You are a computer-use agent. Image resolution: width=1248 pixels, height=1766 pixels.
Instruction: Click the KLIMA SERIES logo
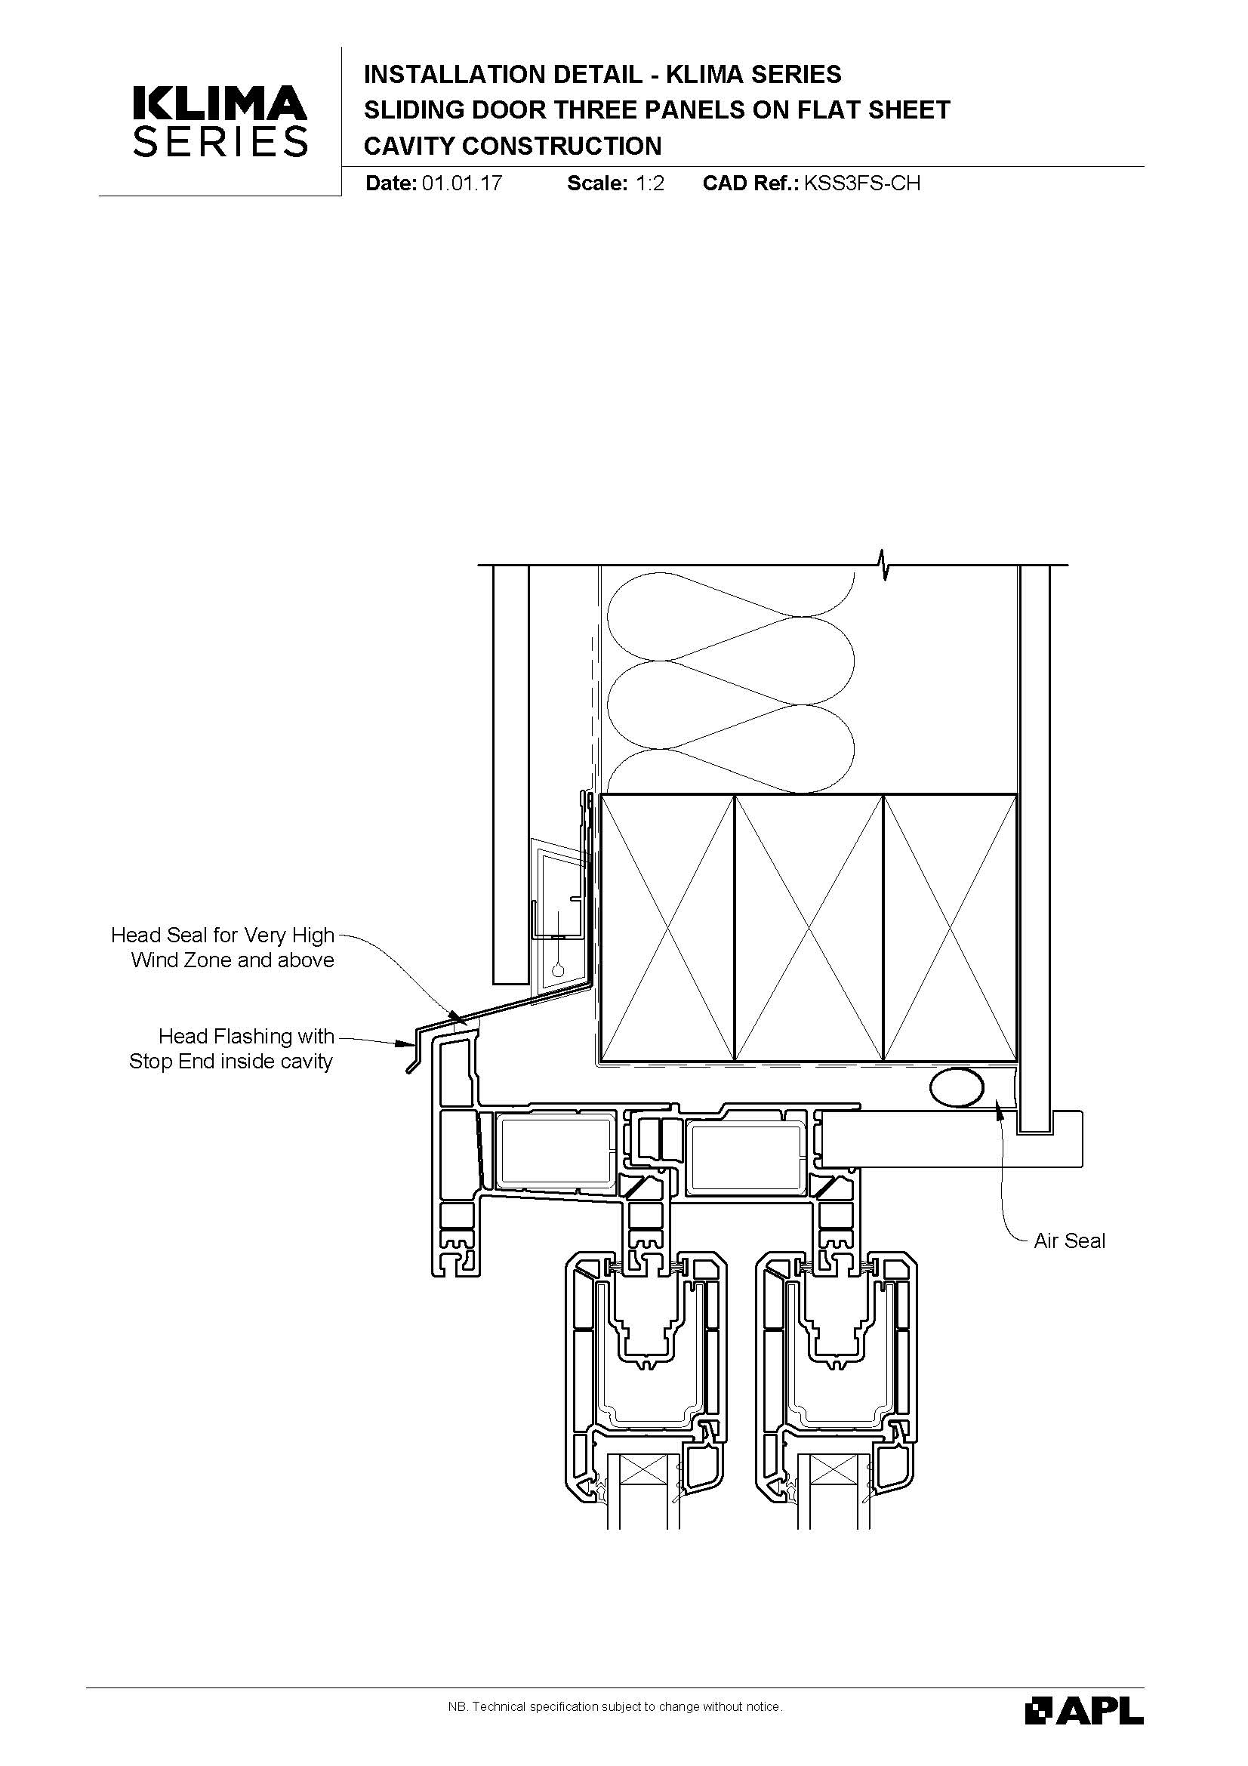pyautogui.click(x=220, y=121)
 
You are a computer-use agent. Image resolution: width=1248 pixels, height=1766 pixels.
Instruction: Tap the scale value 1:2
pyautogui.click(x=649, y=183)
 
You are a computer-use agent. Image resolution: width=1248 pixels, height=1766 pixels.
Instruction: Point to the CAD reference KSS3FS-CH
pyautogui.click(x=861, y=183)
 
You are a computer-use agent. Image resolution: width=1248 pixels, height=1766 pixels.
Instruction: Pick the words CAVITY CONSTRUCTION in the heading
pyautogui.click(x=512, y=146)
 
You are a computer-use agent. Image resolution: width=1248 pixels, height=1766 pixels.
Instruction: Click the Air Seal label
pyautogui.click(x=1069, y=1241)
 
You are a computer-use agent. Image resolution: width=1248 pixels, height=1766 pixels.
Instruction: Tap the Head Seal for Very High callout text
pyautogui.click(x=223, y=935)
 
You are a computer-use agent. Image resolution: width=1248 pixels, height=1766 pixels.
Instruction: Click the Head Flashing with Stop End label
pyautogui.click(x=232, y=1049)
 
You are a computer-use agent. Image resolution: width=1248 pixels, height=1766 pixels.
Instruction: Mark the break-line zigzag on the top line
pyautogui.click(x=885, y=565)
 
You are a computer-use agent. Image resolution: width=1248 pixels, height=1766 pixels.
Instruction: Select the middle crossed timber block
pyautogui.click(x=809, y=928)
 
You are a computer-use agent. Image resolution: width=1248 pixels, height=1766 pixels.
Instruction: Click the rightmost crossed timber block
pyautogui.click(x=951, y=928)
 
